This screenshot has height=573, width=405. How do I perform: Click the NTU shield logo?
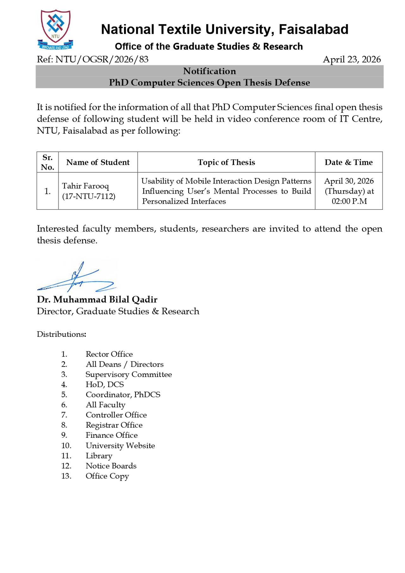(55, 29)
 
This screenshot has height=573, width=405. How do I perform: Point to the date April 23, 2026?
(352, 60)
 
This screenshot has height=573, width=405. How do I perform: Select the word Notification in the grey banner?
(209, 71)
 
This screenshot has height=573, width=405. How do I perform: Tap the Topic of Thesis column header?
(226, 162)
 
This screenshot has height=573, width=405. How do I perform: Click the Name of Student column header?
(98, 162)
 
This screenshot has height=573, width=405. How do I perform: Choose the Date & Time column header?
(349, 162)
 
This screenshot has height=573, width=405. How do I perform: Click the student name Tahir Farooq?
(85, 186)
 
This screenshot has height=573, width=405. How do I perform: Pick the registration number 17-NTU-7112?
(89, 196)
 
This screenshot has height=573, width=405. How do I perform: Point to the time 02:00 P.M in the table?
(349, 201)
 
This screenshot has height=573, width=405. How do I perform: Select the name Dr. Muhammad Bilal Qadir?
(97, 299)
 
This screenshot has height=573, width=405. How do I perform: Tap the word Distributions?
(61, 334)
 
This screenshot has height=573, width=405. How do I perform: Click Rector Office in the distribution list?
(109, 354)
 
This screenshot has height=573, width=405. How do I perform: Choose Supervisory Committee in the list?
(129, 374)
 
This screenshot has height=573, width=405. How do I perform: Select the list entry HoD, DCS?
(105, 385)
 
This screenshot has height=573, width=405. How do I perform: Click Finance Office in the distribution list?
(112, 435)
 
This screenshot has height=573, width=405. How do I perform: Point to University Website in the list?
(120, 446)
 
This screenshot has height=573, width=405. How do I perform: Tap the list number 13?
(66, 476)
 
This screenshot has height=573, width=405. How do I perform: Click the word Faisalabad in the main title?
(313, 29)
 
